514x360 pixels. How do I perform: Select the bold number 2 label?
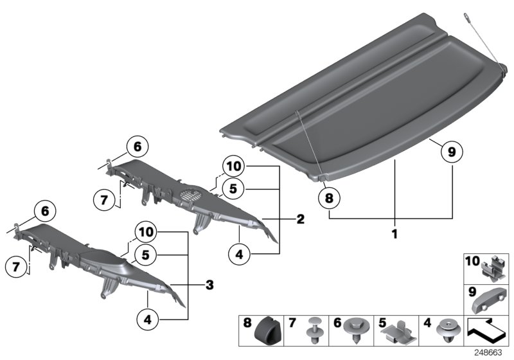[x=300, y=220]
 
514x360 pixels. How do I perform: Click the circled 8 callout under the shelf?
[x=329, y=199]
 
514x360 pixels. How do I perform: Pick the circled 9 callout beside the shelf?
[x=451, y=152]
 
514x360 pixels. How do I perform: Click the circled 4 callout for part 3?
[x=147, y=317]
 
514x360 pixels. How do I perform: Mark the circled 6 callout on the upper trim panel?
[x=137, y=147]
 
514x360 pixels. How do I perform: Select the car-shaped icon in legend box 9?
[x=491, y=300]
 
